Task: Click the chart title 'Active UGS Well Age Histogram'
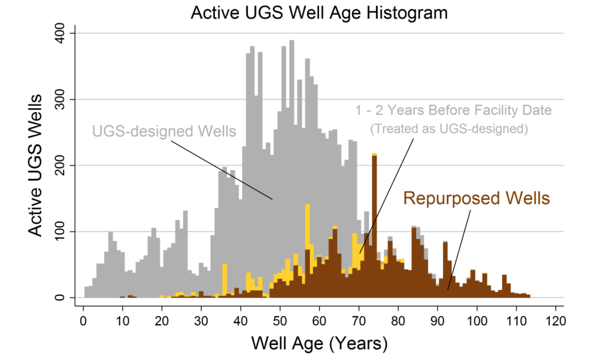coord(319,12)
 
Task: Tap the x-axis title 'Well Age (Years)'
coord(320,343)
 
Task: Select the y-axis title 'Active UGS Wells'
coord(35,165)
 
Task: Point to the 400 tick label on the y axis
coord(60,33)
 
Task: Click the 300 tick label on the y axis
coord(60,99)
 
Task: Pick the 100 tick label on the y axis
coord(60,231)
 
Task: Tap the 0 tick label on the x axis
coord(83,321)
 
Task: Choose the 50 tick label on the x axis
coord(280,321)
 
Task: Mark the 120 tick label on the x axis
coord(556,321)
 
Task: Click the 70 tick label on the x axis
coord(358,321)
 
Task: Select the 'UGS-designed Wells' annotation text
coord(164,131)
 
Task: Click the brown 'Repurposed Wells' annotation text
coord(477,199)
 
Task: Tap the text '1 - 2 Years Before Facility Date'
coord(454,110)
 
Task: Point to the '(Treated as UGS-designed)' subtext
coord(449,129)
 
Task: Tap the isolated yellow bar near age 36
coord(225,279)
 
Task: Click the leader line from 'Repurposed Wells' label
coord(459,250)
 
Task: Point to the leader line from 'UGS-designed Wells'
coord(222,170)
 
